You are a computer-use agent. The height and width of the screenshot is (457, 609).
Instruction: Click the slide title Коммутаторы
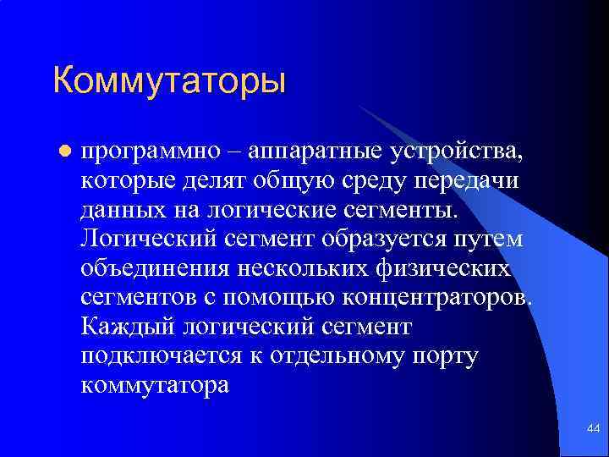coord(169,80)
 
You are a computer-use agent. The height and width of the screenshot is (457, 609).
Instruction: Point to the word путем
coord(495,239)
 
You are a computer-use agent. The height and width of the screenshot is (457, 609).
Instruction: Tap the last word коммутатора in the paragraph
coord(155,385)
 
